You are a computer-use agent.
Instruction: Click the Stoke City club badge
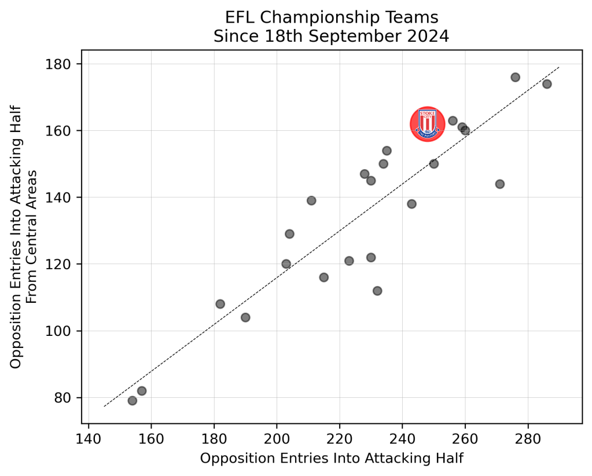tap(427, 124)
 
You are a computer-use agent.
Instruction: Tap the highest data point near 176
tap(515, 77)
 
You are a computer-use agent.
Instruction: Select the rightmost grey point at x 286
tap(547, 84)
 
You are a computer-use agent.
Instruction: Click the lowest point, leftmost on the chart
tap(132, 401)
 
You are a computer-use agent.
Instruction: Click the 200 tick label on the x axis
tap(277, 435)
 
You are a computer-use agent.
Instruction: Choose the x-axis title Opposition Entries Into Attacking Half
tap(332, 458)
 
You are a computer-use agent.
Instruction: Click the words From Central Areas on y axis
tap(32, 236)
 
